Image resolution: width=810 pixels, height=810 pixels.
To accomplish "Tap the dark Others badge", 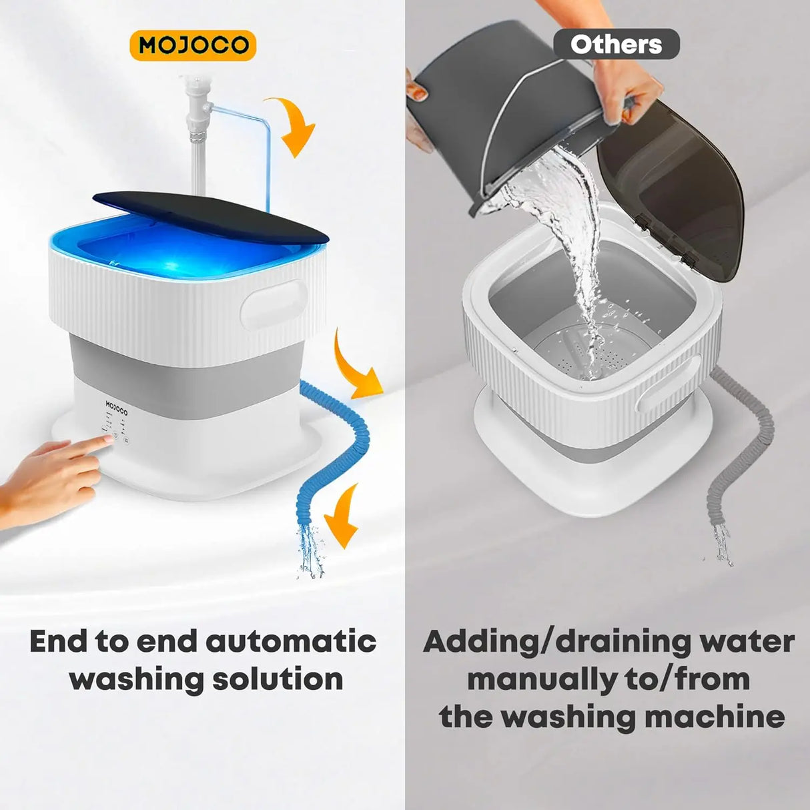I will tap(616, 45).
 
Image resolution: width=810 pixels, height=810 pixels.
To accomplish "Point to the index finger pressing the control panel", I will tap(93, 444).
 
